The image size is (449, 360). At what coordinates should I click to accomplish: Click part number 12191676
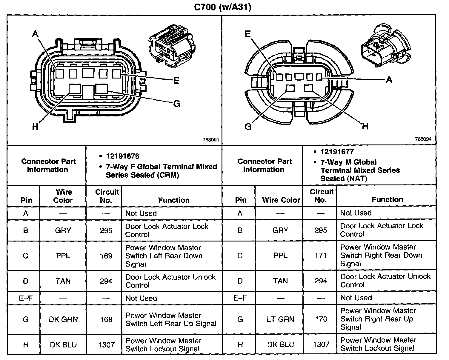(x=122, y=156)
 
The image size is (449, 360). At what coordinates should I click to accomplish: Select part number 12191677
(x=337, y=152)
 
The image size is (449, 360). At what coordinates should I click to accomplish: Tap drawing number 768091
(x=211, y=139)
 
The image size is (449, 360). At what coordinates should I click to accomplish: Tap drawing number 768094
(x=423, y=139)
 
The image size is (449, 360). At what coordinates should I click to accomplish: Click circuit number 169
(x=106, y=256)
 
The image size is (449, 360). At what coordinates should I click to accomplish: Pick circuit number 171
(x=321, y=256)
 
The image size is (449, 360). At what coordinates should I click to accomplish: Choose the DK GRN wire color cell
(x=63, y=319)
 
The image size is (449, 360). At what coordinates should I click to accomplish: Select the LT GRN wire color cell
(x=280, y=319)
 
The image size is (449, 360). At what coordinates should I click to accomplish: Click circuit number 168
(x=106, y=319)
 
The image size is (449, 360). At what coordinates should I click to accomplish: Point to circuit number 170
(x=321, y=319)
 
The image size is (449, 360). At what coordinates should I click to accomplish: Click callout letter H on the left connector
(x=35, y=127)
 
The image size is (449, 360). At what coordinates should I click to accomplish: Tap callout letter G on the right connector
(x=248, y=127)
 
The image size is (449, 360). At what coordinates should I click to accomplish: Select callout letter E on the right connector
(x=247, y=34)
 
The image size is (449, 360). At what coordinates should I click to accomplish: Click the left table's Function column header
(x=174, y=200)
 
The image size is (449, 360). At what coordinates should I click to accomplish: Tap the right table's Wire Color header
(x=281, y=200)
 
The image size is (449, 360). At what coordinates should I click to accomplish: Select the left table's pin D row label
(x=26, y=281)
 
